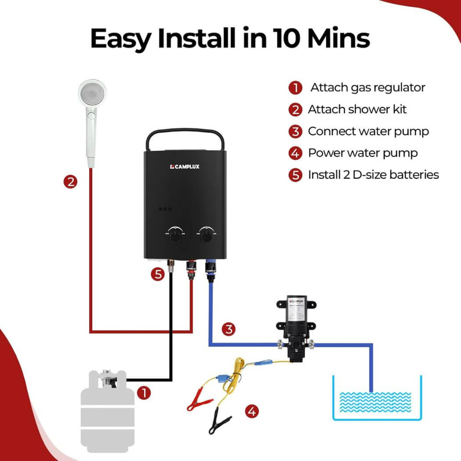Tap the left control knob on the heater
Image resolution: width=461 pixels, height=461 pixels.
point(176,235)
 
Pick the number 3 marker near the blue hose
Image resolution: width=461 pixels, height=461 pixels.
point(229,329)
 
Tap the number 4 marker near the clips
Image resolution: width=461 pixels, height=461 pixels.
point(252,411)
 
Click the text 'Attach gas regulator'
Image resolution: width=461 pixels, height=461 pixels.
point(367,87)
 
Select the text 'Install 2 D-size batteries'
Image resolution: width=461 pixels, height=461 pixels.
point(373,175)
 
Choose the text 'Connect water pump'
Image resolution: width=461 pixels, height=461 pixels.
point(368,131)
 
